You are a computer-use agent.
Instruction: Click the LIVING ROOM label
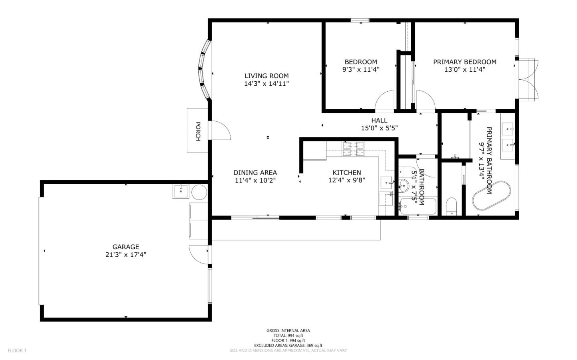[x=266, y=76]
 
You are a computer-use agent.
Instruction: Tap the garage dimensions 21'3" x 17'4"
[x=126, y=255]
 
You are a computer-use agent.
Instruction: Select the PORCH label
[x=198, y=131]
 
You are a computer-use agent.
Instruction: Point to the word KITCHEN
[x=347, y=173]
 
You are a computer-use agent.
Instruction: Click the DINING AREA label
[x=255, y=173]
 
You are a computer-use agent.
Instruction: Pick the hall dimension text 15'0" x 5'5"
[x=379, y=128]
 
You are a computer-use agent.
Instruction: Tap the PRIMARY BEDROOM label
[x=465, y=62]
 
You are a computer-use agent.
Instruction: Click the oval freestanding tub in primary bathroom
[x=492, y=195]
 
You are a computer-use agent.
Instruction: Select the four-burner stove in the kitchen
[x=353, y=149]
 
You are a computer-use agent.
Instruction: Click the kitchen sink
[x=387, y=183]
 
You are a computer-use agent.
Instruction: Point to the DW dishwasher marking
[x=391, y=195]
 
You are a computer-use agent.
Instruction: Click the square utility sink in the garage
[x=181, y=191]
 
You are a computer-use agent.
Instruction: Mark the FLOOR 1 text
[x=17, y=350]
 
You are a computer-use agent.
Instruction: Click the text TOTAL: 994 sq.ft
[x=288, y=336]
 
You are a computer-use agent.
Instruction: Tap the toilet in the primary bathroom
[x=451, y=206]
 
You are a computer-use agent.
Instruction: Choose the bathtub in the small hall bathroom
[x=418, y=206]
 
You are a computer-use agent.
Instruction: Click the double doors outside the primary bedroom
[x=528, y=80]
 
